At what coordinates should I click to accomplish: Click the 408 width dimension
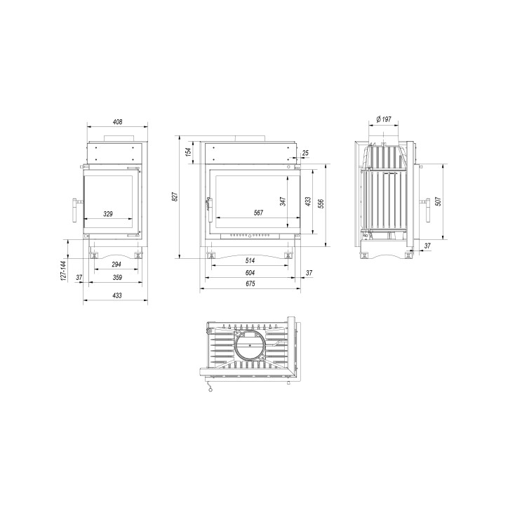click(117, 122)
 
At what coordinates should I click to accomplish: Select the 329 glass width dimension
click(108, 214)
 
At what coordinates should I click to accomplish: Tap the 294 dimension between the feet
click(116, 265)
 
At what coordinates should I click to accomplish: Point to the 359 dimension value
click(117, 277)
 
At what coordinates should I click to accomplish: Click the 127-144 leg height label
click(63, 271)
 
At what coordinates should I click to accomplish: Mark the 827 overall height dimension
click(175, 197)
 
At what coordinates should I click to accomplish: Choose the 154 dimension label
click(188, 152)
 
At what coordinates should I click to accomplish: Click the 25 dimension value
click(305, 153)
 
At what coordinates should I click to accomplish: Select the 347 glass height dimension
click(283, 201)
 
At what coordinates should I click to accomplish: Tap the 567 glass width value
click(258, 213)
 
